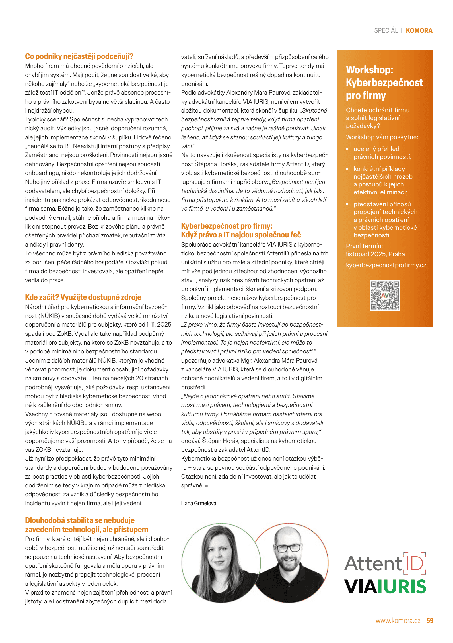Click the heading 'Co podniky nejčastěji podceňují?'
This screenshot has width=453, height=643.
coord(79,56)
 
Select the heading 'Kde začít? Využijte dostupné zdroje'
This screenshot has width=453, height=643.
coord(83,297)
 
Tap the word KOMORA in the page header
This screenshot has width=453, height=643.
coord(419,30)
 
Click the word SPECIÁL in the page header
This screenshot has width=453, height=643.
coord(386,30)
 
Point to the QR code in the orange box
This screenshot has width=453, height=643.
coord(385,295)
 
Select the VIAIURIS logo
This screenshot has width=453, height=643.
coord(385,587)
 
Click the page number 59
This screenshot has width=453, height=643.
coord(430,621)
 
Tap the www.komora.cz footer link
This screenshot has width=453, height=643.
coord(398,621)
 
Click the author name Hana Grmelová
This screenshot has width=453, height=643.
coord(199,503)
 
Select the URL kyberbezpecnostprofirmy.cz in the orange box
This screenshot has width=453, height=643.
coord(386,265)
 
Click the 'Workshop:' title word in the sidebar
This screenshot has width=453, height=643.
coord(369,70)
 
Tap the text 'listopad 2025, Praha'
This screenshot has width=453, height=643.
coord(375,254)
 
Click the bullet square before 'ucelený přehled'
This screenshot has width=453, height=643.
coord(347,149)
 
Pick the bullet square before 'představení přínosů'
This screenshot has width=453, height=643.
coord(347,204)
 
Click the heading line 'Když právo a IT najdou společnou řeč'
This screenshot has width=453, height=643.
coord(241,235)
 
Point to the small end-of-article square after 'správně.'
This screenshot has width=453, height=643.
coord(206,486)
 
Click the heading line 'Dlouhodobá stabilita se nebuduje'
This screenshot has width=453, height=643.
coord(80,520)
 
